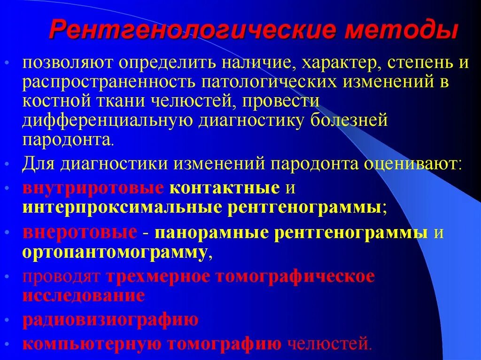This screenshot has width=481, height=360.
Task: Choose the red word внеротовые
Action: point(80,233)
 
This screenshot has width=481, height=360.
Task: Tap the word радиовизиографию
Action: point(110,320)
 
